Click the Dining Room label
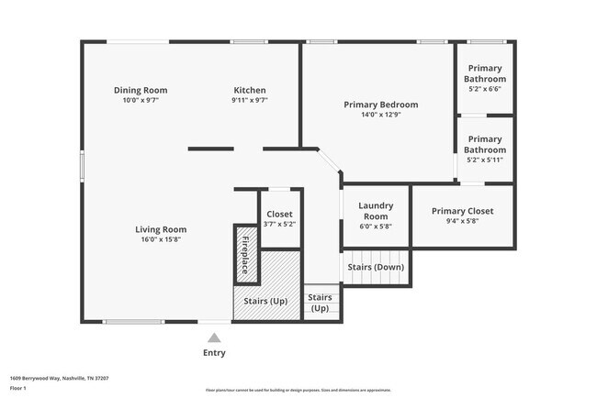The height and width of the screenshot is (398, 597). [141, 90]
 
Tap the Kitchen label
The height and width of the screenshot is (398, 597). [250, 90]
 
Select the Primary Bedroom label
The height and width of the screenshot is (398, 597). [380, 105]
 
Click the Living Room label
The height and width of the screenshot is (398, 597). [161, 229]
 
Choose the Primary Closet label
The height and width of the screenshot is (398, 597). [462, 211]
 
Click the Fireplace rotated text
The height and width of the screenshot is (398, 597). [245, 256]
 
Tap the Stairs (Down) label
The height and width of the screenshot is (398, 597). [376, 267]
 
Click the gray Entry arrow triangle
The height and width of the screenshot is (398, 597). [214, 337]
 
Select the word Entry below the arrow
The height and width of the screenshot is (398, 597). [214, 353]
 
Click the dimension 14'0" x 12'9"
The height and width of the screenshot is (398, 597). [380, 115]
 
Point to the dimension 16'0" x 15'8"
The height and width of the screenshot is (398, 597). [161, 239]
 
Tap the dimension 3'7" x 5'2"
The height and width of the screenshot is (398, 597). [279, 224]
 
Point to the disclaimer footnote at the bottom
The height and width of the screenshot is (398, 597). [298, 390]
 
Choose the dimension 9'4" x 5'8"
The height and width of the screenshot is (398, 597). [462, 221]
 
